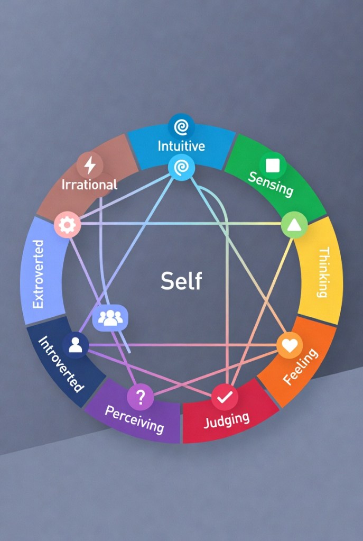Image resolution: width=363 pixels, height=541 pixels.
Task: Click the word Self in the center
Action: [181, 280]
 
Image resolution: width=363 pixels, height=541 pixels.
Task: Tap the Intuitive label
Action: [181, 145]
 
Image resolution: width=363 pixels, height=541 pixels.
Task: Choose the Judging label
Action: [227, 419]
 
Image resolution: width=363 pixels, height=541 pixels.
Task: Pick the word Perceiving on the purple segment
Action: [134, 419]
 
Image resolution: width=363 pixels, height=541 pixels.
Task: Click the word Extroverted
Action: [38, 274]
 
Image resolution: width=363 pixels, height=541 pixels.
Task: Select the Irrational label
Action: [89, 185]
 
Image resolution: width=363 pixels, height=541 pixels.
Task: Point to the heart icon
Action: [290, 345]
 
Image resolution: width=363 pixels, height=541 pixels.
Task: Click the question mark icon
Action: [141, 397]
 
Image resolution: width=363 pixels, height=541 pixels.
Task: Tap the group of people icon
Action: [110, 318]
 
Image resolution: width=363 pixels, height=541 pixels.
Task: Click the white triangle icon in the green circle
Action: [294, 226]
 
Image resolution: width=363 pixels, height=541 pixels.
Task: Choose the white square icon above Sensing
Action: [273, 166]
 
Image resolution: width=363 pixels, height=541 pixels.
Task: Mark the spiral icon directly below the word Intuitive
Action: [181, 168]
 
